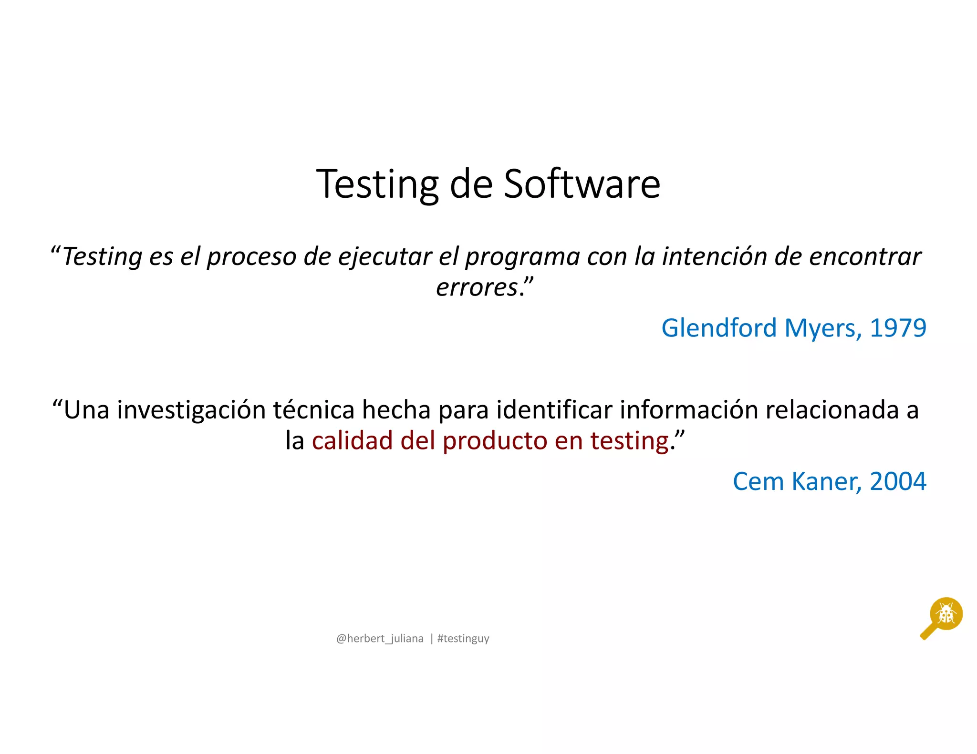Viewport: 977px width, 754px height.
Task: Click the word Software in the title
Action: pyautogui.click(x=582, y=184)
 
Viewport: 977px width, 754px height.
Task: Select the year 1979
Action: pyautogui.click(x=898, y=328)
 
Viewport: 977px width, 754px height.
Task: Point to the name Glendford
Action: pyautogui.click(x=719, y=328)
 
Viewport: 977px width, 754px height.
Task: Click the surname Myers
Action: pyautogui.click(x=822, y=329)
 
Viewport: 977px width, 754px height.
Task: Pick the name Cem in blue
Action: pyautogui.click(x=758, y=481)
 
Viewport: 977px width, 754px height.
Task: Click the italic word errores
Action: pyautogui.click(x=477, y=287)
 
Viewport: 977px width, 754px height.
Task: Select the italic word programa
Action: pyautogui.click(x=522, y=257)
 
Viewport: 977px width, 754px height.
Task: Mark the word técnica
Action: pyautogui.click(x=314, y=410)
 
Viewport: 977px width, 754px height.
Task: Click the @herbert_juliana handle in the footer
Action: pyautogui.click(x=380, y=639)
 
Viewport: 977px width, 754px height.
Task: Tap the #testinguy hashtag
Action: pyautogui.click(x=463, y=639)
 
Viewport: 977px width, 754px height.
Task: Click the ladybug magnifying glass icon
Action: pyautogui.click(x=942, y=617)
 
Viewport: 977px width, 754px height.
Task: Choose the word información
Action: pyautogui.click(x=689, y=410)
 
